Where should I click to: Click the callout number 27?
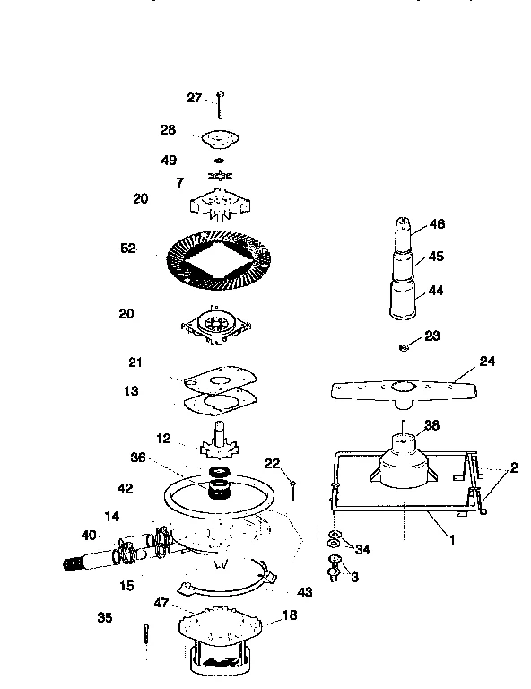pyautogui.click(x=195, y=98)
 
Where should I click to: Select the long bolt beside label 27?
pyautogui.click(x=218, y=107)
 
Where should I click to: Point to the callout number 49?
pyautogui.click(x=169, y=161)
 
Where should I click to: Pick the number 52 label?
pyautogui.click(x=127, y=249)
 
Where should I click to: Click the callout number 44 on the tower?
pyautogui.click(x=436, y=292)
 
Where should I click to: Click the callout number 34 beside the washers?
pyautogui.click(x=361, y=549)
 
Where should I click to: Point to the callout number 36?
pyautogui.click(x=138, y=456)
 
